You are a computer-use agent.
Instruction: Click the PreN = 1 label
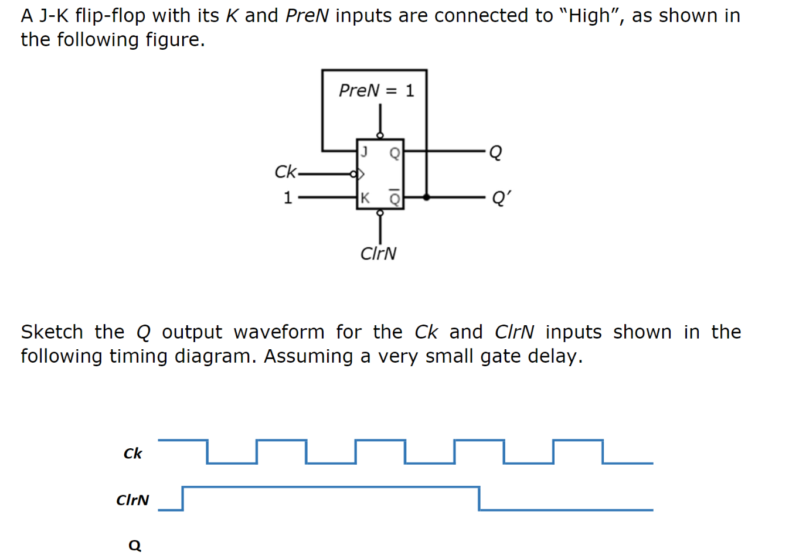point(376,90)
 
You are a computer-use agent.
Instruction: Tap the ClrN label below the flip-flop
point(378,253)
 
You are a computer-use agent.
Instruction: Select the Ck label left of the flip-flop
point(285,172)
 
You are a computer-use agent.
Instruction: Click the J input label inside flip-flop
point(364,152)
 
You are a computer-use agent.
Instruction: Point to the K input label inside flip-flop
point(365,198)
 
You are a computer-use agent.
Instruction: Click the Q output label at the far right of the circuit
point(495,152)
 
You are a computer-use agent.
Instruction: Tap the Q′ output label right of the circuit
point(500,198)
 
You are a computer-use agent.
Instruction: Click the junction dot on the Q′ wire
point(426,197)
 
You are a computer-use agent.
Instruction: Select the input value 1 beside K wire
point(287,198)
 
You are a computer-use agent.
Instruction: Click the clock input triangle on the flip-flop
point(361,173)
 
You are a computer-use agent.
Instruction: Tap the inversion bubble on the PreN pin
point(380,135)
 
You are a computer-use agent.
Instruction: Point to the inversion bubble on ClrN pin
point(380,213)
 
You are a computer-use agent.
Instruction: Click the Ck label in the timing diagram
point(132,454)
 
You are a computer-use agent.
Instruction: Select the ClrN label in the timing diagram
point(132,500)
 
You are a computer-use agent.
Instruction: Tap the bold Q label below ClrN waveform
point(135,546)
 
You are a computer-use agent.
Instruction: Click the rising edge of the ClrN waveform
point(183,498)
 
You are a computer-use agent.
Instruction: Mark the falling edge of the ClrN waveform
point(479,498)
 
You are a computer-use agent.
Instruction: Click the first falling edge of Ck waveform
point(207,451)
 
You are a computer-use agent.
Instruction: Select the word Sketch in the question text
point(52,332)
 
